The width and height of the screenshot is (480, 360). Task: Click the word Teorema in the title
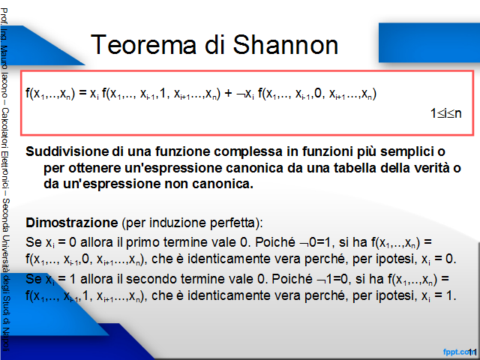tap(143, 45)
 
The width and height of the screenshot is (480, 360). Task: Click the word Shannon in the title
tap(285, 45)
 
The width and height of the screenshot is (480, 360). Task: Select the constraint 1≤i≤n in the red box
tap(445, 113)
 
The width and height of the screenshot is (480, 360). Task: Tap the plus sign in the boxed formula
tap(228, 93)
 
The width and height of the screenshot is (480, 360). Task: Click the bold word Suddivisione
tap(67, 151)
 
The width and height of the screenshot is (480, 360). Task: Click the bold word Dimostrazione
tap(72, 223)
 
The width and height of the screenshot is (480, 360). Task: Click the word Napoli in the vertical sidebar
tap(6, 340)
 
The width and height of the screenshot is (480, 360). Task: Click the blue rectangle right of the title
tap(429, 43)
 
